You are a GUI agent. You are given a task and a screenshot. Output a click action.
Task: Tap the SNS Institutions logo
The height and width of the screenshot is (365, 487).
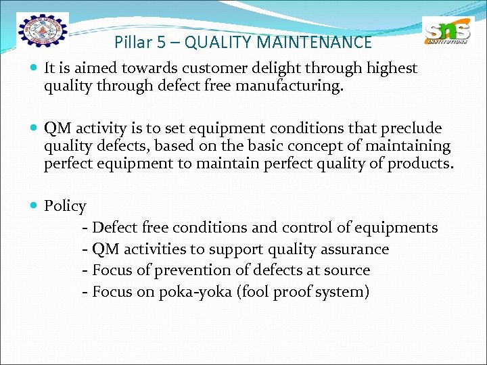tap(448, 32)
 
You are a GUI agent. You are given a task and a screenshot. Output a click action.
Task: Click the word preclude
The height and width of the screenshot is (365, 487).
tap(413, 128)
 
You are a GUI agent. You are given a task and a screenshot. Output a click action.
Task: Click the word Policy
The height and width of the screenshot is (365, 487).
tap(65, 206)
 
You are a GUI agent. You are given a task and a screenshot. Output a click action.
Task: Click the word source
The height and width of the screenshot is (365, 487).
tap(346, 270)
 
